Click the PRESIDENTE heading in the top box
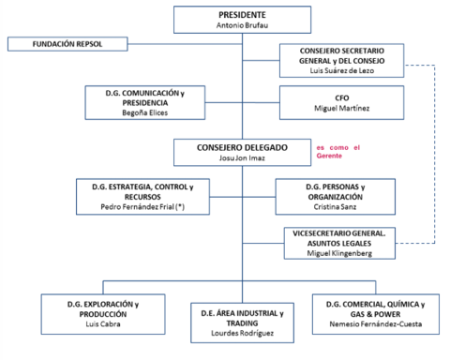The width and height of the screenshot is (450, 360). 229,15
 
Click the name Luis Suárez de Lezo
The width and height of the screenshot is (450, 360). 341,71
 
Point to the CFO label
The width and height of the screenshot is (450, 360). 341,97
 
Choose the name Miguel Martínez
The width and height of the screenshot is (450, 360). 341,109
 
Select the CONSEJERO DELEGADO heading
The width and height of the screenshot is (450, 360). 230,148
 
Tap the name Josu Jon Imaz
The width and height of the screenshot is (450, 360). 230,159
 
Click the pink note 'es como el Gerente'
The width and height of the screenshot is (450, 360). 337,153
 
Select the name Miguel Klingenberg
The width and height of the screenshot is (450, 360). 341,254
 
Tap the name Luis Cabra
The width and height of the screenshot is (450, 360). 97,324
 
